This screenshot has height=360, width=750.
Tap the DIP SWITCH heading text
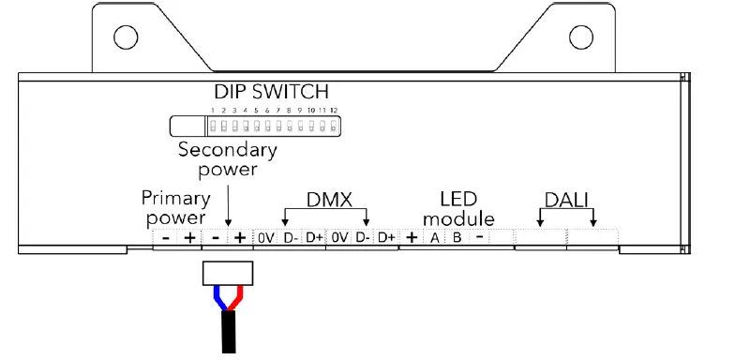click(x=271, y=93)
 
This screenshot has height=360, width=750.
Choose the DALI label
click(x=566, y=202)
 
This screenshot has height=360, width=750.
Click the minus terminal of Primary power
click(x=165, y=238)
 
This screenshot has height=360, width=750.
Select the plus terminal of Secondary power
click(x=240, y=238)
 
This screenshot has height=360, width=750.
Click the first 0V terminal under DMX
click(x=265, y=238)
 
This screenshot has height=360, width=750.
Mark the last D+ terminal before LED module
click(x=386, y=238)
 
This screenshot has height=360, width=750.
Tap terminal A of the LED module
click(x=434, y=238)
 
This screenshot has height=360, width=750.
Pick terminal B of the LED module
click(x=457, y=238)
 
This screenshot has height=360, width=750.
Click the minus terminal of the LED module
click(x=479, y=238)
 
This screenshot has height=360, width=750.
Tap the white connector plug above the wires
click(x=229, y=273)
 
